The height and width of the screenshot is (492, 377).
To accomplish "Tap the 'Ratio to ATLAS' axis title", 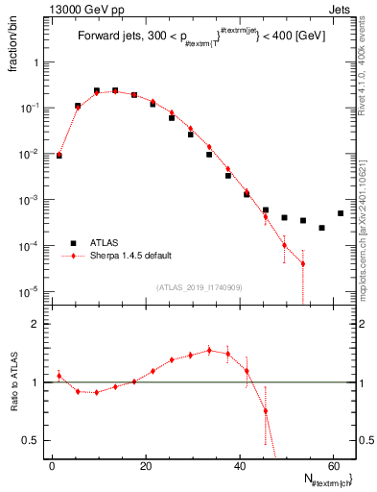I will (x=17, y=387).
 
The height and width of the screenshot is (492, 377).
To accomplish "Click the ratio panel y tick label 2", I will (x=35, y=325).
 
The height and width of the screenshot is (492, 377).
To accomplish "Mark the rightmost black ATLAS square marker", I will (x=341, y=213).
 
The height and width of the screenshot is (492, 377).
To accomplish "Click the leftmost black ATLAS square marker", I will (x=59, y=155).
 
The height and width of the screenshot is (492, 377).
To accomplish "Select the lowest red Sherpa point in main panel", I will (x=303, y=263).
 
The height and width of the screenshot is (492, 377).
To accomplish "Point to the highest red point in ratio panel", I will (x=209, y=351).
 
